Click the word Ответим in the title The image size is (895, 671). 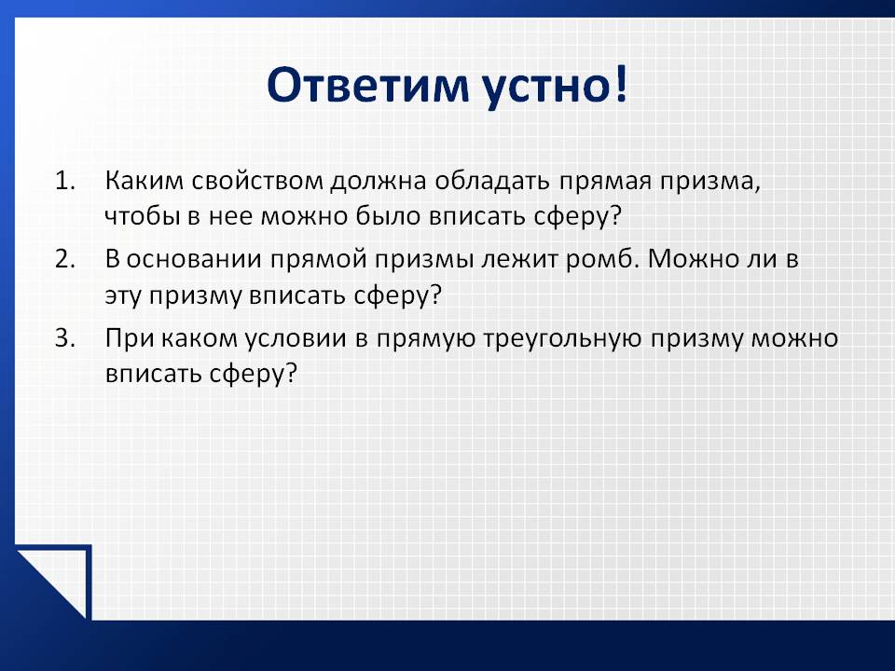pos(369,85)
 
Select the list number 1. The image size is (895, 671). pos(65,181)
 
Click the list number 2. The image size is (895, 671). pos(65,260)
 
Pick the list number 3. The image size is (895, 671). pos(65,338)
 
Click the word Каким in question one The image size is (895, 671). pos(145,181)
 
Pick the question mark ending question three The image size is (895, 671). pos(291,373)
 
